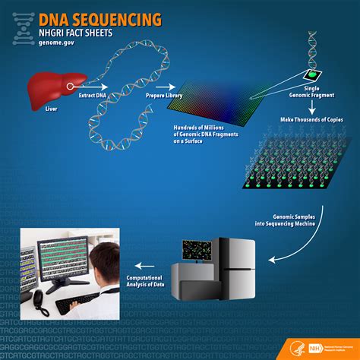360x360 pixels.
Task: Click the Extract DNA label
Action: click(x=91, y=96)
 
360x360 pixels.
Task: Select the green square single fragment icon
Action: click(x=312, y=75)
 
